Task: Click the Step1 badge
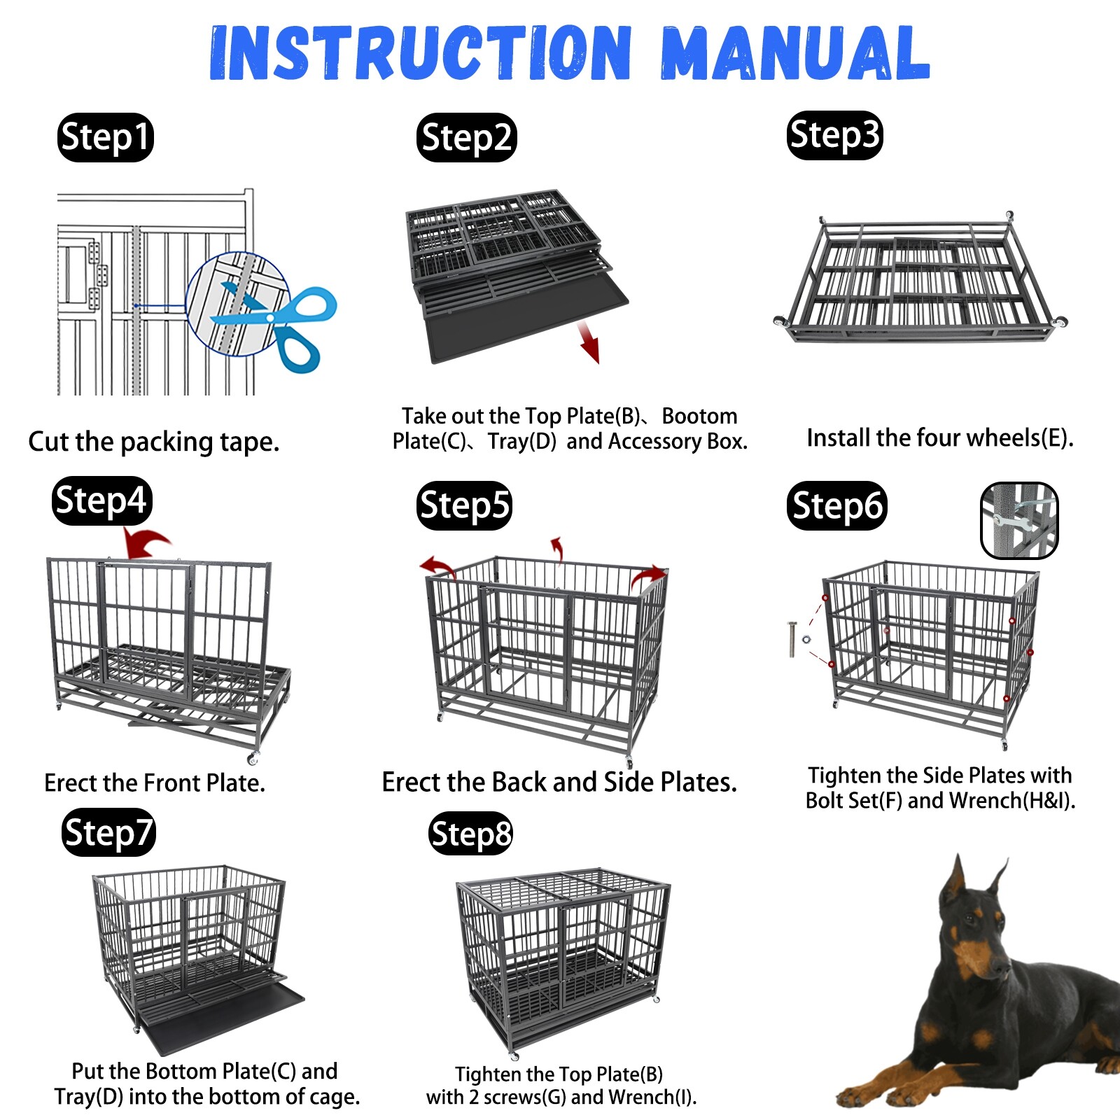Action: pos(105,137)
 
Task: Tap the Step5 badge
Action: pos(464,505)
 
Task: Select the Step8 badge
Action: pos(470,834)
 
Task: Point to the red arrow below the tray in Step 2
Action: pos(589,343)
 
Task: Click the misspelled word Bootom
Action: pos(699,416)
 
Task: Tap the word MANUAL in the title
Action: pos(794,54)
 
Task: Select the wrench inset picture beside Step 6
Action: pos(1019,520)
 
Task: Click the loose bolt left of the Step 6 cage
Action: pos(792,638)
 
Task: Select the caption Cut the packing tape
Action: pos(154,442)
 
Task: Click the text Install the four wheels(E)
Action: pos(939,438)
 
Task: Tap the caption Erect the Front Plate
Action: pos(155,783)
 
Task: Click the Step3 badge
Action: pos(834,135)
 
